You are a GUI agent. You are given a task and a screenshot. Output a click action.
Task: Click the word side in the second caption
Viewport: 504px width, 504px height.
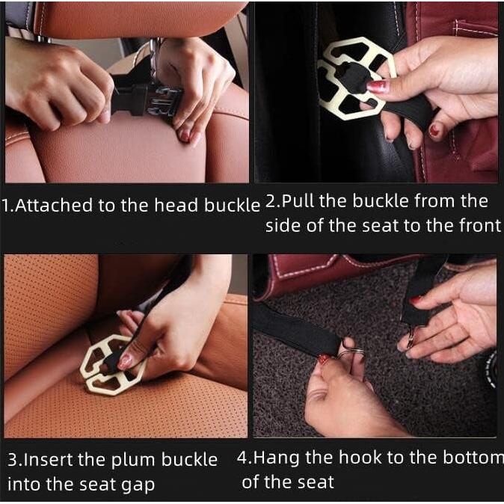point(283,227)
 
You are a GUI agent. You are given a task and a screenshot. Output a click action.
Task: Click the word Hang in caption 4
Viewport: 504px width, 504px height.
point(277,457)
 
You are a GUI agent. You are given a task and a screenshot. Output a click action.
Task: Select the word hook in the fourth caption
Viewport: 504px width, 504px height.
point(354,457)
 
